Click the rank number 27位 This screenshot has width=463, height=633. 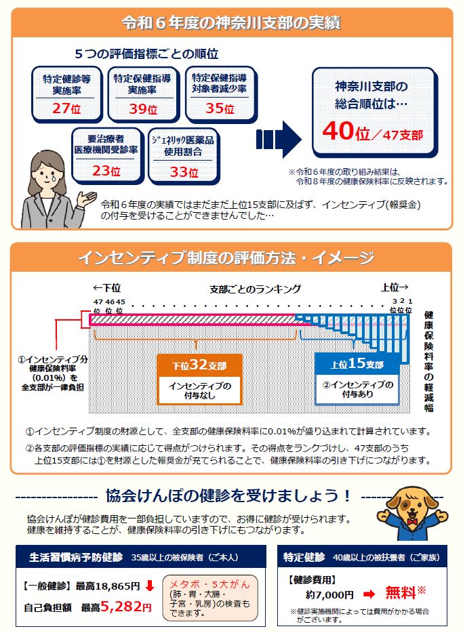pyautogui.click(x=66, y=108)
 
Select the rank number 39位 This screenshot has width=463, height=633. pyautogui.click(x=142, y=108)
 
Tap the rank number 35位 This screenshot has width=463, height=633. pyautogui.click(x=219, y=108)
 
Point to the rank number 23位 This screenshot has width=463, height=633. pyautogui.click(x=106, y=170)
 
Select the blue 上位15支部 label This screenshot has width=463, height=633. pyautogui.click(x=357, y=365)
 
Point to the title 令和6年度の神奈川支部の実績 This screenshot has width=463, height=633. pyautogui.click(x=230, y=22)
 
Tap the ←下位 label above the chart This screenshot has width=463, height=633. pyautogui.click(x=106, y=287)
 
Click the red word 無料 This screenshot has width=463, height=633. pyautogui.click(x=401, y=592)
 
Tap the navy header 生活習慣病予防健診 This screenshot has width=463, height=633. pyautogui.click(x=76, y=558)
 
